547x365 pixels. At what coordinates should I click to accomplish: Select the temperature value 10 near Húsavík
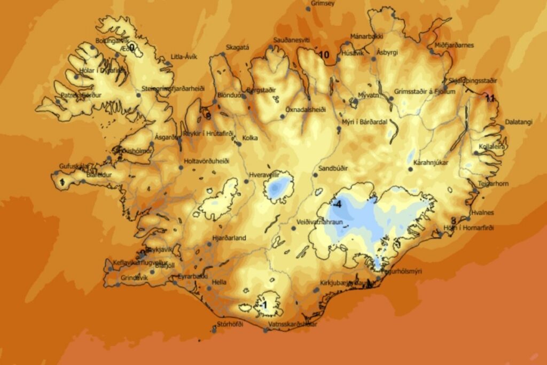coord(324,55)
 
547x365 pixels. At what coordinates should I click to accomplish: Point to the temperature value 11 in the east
coord(489,97)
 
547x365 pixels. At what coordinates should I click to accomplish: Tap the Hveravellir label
coord(264,175)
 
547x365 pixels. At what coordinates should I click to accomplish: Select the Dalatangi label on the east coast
coord(519,122)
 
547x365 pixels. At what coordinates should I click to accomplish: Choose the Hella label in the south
coord(220,282)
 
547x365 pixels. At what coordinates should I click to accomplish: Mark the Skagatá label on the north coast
coord(237,47)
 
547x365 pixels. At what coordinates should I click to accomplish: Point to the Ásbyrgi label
coord(387,52)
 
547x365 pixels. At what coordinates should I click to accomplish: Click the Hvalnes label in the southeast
coord(482,212)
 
